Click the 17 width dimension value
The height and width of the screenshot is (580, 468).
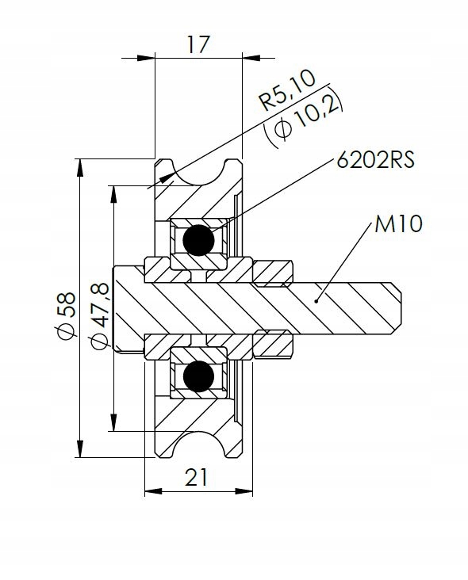point(198,44)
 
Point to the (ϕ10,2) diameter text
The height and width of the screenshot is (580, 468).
point(304,123)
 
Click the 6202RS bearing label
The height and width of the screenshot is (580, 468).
point(376,159)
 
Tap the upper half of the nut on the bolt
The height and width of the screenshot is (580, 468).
point(272,274)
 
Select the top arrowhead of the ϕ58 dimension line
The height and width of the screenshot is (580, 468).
point(80,166)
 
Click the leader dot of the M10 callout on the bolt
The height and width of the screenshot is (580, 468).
point(316,300)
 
